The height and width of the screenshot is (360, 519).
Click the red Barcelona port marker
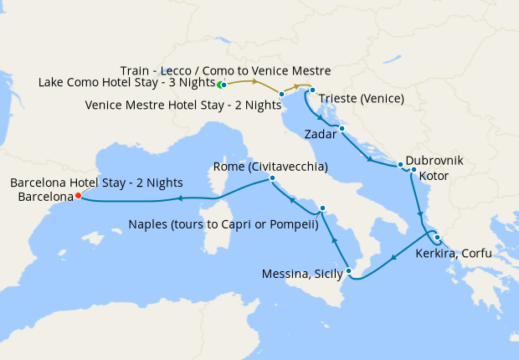(78, 196)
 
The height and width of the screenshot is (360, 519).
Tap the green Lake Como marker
(221, 85)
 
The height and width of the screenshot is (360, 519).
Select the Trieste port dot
(311, 90)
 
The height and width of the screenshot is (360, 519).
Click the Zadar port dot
(343, 129)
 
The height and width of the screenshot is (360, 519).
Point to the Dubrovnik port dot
(401, 164)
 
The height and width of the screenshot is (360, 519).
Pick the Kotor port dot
(414, 170)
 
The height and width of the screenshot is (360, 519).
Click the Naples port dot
(322, 208)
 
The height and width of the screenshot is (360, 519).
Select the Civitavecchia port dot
(272, 179)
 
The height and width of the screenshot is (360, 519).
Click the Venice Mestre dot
(282, 95)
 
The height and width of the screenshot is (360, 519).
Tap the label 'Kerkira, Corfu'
(453, 252)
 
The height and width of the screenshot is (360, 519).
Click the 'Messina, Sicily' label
(303, 274)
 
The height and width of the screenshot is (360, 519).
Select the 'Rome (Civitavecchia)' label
(270, 166)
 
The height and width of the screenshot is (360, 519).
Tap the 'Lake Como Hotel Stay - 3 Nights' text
(126, 83)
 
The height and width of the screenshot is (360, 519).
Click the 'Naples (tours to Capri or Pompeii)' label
(224, 224)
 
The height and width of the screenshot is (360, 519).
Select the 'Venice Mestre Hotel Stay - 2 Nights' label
(183, 105)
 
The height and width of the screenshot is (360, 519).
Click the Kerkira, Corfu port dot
(437, 238)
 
